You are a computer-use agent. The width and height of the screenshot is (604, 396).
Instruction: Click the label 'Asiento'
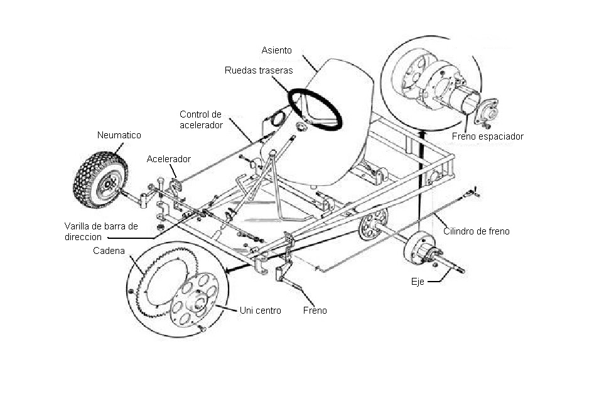pos(277,49)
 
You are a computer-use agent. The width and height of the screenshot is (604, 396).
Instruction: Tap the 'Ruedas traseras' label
pos(259,70)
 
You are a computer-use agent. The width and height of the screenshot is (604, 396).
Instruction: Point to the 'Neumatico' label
pos(119,135)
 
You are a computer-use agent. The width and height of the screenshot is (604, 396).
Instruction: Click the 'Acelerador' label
pos(168,159)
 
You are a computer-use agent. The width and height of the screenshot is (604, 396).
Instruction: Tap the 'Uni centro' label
pos(260,311)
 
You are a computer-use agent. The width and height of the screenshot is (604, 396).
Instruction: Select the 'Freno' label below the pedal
pos(315,311)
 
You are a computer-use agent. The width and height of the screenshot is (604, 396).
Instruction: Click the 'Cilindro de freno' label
pos(476,231)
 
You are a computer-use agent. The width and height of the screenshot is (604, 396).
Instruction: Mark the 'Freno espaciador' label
pos(487,136)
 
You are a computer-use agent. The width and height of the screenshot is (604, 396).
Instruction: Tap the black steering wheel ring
pos(315,109)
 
